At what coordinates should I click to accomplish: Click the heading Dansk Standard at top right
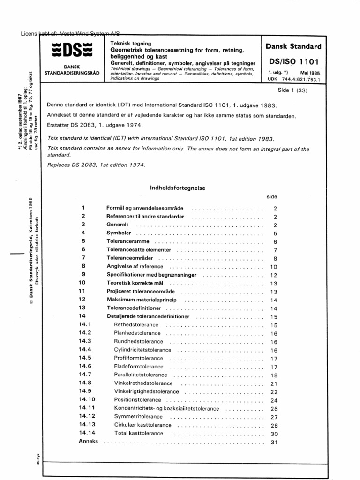(293, 47)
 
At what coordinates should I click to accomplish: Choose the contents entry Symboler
(119, 233)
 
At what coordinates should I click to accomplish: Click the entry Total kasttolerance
(139, 434)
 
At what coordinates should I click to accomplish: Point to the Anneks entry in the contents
(89, 442)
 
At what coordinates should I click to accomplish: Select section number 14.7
(85, 375)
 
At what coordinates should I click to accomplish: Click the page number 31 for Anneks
(275, 442)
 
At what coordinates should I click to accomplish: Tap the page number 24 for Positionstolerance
(275, 401)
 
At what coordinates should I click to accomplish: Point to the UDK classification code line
(292, 80)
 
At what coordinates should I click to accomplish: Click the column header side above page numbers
(272, 198)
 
